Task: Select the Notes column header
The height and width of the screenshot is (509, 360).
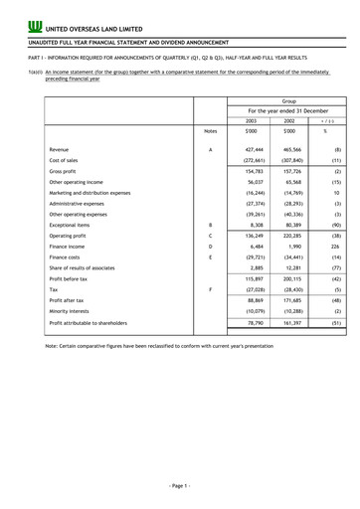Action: pos(209,158)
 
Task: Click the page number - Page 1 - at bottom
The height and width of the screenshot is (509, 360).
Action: pos(179,485)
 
